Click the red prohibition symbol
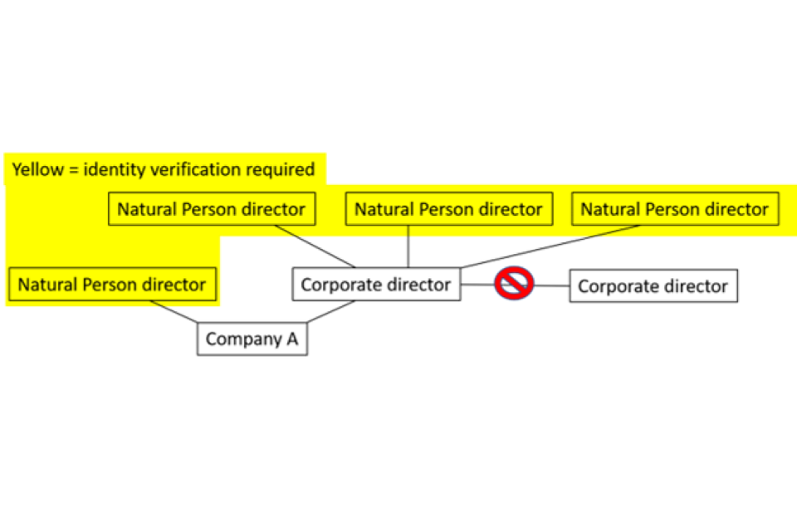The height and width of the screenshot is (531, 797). click(x=514, y=284)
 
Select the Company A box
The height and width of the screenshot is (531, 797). click(x=252, y=339)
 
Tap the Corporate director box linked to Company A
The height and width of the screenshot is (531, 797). click(x=376, y=285)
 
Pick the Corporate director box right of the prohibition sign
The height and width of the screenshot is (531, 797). click(x=653, y=286)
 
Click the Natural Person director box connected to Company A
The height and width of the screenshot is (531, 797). click(x=112, y=285)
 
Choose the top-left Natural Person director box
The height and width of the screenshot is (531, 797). click(x=211, y=209)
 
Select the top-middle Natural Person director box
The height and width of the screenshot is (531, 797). click(x=448, y=209)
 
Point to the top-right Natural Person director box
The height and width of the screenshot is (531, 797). click(x=674, y=209)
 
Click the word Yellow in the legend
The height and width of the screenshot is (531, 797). click(x=36, y=170)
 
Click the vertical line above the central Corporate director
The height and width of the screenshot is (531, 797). click(x=408, y=246)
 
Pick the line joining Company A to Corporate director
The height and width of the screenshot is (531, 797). click(x=332, y=311)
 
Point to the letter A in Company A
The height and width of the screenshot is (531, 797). click(x=292, y=339)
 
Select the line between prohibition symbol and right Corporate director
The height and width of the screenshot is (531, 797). click(x=552, y=285)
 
